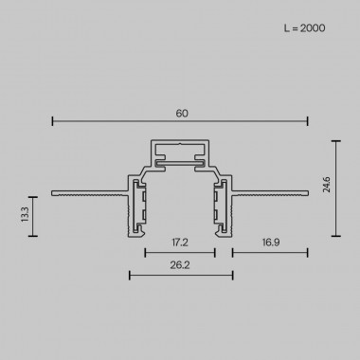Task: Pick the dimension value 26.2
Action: click(180, 268)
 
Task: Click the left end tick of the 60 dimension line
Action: click(52, 121)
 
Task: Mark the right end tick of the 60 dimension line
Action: click(308, 121)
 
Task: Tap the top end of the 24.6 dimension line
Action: click(338, 139)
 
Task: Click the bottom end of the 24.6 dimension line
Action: click(338, 235)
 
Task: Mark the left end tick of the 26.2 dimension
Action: click(128, 277)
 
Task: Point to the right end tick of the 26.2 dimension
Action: click(233, 277)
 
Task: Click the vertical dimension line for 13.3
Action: click(34, 214)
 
